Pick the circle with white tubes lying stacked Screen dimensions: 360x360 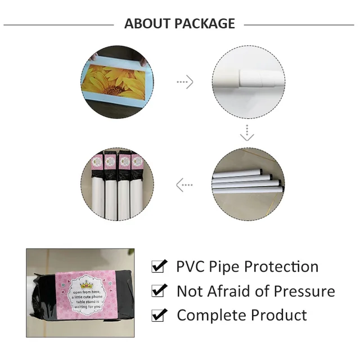coord(247,183)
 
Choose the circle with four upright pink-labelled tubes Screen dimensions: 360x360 coord(117,184)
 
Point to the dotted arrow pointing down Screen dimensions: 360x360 coord(247,133)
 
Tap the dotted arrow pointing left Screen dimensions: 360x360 coord(184,184)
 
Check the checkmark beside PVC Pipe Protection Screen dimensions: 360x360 coord(160,267)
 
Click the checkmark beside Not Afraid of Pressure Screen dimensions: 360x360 coord(160,291)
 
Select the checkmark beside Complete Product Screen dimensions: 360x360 coord(160,315)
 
